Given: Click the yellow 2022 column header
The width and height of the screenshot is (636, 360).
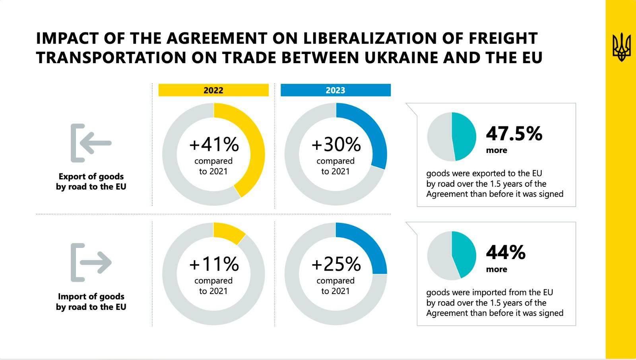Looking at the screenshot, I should (213, 90).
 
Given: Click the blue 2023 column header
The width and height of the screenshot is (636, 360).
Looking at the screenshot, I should (335, 90).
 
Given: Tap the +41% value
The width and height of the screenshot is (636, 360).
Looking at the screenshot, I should (214, 145).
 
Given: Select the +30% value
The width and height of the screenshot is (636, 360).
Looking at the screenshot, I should (336, 145).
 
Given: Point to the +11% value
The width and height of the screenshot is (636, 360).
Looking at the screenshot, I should (214, 264).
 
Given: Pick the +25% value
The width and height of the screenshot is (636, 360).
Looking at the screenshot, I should (336, 264).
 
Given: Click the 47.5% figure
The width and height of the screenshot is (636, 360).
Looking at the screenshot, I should (514, 134).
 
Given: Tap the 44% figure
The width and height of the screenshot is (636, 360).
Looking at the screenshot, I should (506, 253).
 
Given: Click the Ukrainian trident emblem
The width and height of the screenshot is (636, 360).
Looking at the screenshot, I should (621, 47).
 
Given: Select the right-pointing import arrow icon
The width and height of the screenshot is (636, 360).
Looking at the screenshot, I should (91, 262).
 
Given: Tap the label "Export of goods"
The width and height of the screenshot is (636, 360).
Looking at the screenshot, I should (91, 176).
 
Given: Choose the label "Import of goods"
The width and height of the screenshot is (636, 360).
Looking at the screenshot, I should (91, 296).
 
